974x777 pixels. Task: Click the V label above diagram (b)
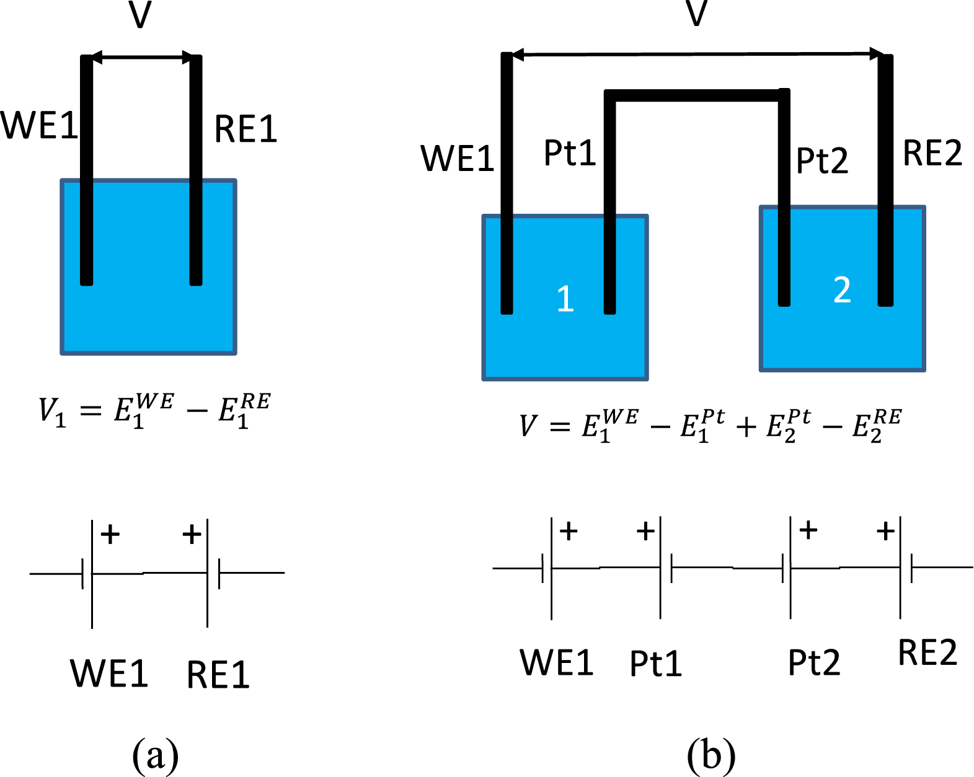697,13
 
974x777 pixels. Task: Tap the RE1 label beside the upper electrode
246,129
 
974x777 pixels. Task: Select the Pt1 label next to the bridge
569,153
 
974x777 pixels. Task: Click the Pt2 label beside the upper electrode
821,161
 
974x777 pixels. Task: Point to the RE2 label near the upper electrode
932,153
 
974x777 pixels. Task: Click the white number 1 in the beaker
565,299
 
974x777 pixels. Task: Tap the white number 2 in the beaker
842,290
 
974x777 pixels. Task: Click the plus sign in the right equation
746,427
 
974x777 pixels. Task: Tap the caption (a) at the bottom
155,755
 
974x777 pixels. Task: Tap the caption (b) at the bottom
711,755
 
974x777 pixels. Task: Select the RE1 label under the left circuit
218,675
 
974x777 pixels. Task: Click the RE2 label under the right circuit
927,652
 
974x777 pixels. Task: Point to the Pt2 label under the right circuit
813,662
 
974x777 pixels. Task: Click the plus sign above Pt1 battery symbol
645,531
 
